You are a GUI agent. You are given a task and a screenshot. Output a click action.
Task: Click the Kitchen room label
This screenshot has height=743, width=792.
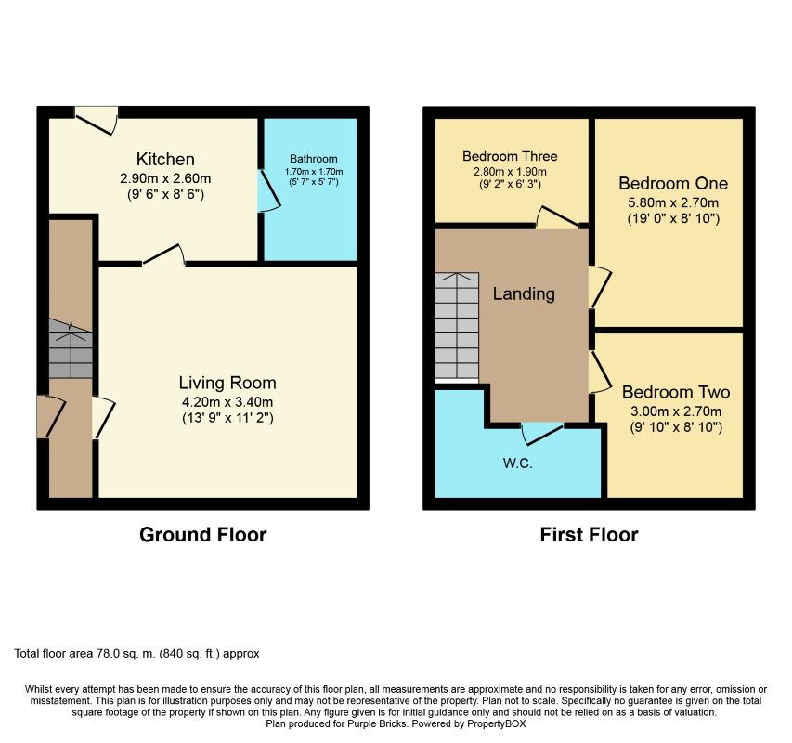click(x=165, y=159)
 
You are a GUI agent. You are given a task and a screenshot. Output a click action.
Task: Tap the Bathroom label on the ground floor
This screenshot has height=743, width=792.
click(x=314, y=159)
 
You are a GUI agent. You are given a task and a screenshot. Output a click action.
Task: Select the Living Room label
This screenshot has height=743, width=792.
click(x=227, y=383)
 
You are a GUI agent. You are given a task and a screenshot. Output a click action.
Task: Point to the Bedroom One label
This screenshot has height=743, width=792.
click(x=673, y=183)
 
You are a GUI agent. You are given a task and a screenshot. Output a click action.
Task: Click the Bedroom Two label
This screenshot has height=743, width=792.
click(x=676, y=392)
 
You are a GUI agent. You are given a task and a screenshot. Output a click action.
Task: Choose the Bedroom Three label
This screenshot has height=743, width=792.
click(x=510, y=156)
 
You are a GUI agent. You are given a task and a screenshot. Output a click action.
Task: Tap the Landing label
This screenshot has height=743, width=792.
click(x=524, y=294)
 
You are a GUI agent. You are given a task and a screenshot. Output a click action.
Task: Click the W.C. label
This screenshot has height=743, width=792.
click(x=518, y=463)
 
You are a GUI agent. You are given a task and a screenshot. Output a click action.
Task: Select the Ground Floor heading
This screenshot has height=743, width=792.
click(x=203, y=534)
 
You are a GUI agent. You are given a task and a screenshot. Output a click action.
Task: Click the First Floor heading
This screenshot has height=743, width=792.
click(x=589, y=534)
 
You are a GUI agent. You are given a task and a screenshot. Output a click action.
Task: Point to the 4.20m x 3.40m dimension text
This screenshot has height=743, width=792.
click(x=227, y=402)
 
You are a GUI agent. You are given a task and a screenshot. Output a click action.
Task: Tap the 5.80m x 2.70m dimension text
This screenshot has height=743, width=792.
click(x=673, y=202)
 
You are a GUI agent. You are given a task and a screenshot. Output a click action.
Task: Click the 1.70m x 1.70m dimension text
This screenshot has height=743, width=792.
click(x=314, y=172)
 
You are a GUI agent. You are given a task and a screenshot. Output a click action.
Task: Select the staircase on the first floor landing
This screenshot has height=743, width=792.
click(x=457, y=328)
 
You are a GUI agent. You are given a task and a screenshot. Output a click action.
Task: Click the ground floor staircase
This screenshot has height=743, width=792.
click(x=71, y=349)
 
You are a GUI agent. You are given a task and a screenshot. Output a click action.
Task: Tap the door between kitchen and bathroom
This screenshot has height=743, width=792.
click(x=268, y=190)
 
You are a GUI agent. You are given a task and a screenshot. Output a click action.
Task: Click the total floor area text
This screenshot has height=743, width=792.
click(x=136, y=654)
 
